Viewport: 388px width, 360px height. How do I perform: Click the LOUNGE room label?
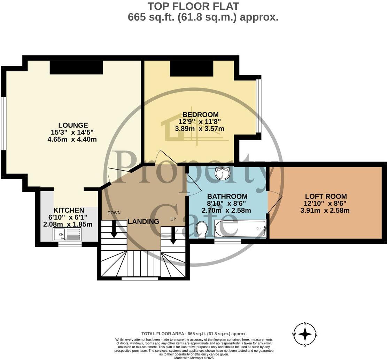pos(73,125)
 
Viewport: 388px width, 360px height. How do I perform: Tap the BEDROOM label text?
pos(201,115)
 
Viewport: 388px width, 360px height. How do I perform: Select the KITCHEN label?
pos(69,210)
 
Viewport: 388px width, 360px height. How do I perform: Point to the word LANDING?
pos(143,221)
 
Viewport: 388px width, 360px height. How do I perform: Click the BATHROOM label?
pos(227,196)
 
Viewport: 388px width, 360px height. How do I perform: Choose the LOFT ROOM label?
pos(326,196)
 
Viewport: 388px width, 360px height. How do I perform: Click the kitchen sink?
pos(67,234)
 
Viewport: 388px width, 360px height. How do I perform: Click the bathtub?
pos(240,229)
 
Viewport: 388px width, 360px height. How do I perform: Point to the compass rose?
pos(305,334)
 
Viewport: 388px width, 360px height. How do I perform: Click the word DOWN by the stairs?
pos(114,213)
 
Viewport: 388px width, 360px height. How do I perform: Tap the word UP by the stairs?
pos(173,219)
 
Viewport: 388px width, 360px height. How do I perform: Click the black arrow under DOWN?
pos(114,229)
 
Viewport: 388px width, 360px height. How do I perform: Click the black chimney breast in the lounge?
pos(76,67)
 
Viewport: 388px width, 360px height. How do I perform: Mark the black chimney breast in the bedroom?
pos(192,69)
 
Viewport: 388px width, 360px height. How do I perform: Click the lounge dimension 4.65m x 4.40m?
pos(72,139)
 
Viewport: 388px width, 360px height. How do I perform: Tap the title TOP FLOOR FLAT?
pos(194,6)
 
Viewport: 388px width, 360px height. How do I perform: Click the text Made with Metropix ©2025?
pos(194,358)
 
